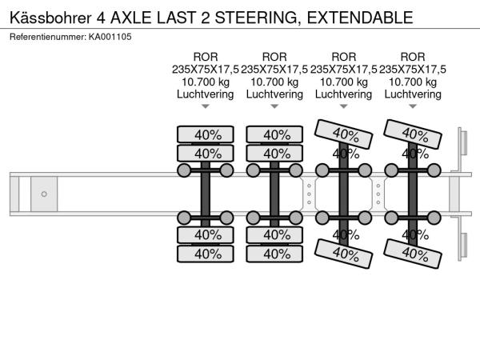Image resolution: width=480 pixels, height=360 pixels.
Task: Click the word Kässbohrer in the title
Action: pyautogui.click(x=50, y=18)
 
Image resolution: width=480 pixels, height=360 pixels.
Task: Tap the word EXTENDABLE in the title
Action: pyautogui.click(x=360, y=18)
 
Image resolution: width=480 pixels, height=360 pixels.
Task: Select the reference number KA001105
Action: pyautogui.click(x=110, y=37)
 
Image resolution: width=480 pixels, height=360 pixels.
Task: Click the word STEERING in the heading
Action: pyautogui.click(x=256, y=18)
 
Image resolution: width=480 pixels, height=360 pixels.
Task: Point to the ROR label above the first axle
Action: pyautogui.click(x=206, y=57)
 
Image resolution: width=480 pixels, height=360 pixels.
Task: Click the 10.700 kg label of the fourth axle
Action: pyautogui.click(x=413, y=82)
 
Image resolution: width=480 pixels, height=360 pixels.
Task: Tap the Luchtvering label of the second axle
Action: pyautogui.click(x=274, y=94)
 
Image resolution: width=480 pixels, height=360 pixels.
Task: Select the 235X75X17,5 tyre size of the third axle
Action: pyautogui.click(x=343, y=70)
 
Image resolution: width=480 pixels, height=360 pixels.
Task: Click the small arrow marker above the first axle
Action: pyautogui.click(x=206, y=106)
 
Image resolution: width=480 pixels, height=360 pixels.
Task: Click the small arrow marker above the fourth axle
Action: pyautogui.click(x=413, y=106)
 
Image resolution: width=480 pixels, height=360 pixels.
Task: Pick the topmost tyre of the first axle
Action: pyautogui.click(x=206, y=134)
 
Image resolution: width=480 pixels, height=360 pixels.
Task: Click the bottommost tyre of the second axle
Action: pyautogui.click(x=274, y=254)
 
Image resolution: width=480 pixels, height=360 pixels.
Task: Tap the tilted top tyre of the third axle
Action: pyautogui.click(x=343, y=134)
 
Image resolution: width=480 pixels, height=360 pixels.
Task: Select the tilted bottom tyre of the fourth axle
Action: pyautogui.click(x=413, y=254)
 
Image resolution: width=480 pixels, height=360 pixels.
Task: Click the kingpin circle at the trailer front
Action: pyautogui.click(x=44, y=194)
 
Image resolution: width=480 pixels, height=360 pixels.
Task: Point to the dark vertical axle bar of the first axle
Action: pyautogui.click(x=206, y=194)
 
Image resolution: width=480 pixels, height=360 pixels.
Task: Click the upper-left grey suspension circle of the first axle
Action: pyautogui.click(x=184, y=170)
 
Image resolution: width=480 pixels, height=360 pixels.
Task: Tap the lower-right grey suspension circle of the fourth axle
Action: pyautogui.click(x=434, y=218)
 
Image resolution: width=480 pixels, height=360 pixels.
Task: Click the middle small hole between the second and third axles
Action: pyautogui.click(x=309, y=194)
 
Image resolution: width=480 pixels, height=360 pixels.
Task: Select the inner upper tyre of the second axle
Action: pyautogui.click(x=274, y=153)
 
